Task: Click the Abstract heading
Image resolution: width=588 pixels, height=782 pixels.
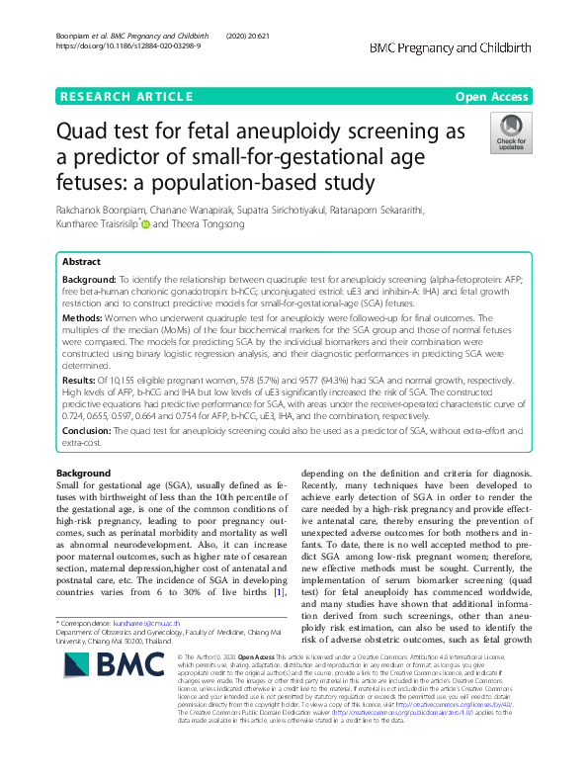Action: [80, 263]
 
